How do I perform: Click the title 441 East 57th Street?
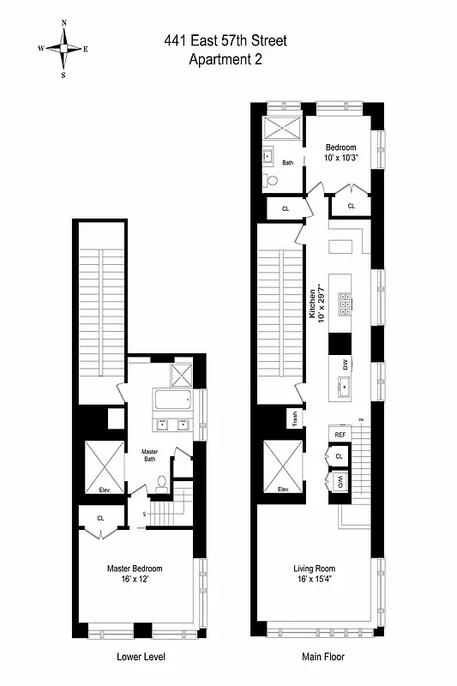coord(226,41)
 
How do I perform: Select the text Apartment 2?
coord(226,59)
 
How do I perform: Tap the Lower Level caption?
coord(141,658)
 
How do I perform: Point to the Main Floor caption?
coord(316,658)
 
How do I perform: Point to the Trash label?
coord(294,418)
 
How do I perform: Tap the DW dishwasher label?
coord(346,364)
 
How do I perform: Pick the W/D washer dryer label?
coord(340,482)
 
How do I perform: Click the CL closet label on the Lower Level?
coord(101,518)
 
